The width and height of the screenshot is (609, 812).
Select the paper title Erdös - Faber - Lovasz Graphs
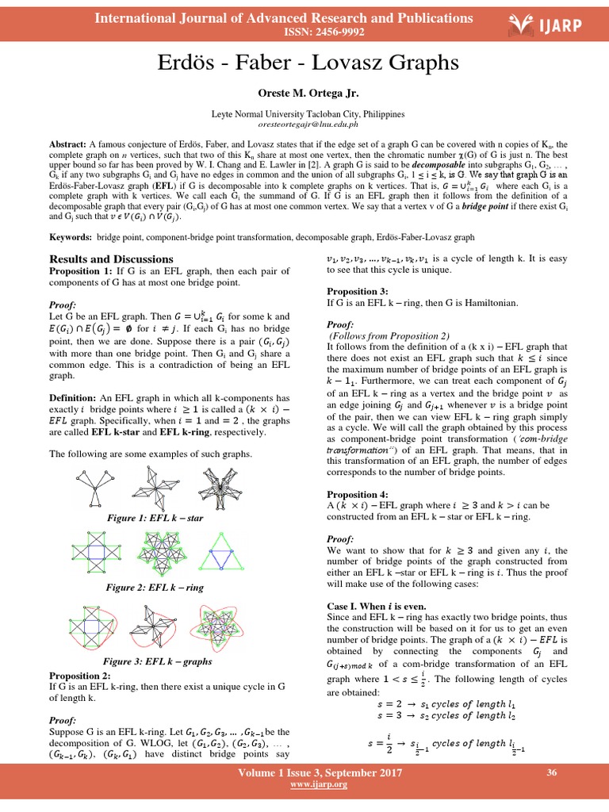click(304, 62)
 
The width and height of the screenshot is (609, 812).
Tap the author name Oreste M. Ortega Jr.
click(304, 93)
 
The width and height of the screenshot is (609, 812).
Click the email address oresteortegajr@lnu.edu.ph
click(304, 124)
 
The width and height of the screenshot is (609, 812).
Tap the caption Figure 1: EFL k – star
click(155, 518)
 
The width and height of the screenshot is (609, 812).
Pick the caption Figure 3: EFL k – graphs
click(155, 661)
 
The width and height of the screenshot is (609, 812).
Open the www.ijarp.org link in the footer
click(308, 784)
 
